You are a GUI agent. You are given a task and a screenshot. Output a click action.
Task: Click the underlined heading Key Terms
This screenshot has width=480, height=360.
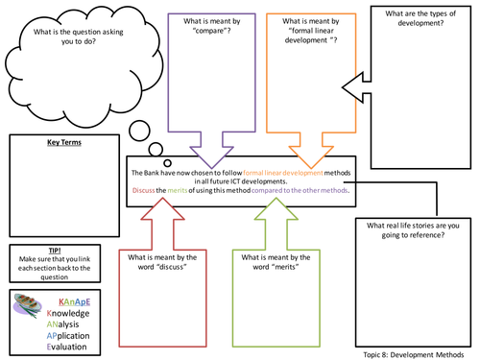point(63,143)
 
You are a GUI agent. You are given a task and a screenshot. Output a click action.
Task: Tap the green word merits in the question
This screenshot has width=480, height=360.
point(181,190)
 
